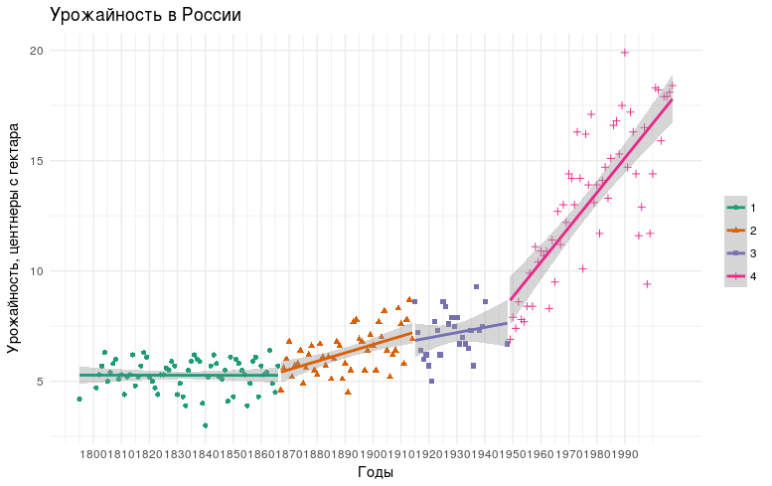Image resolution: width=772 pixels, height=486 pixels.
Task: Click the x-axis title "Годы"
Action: [x=376, y=472]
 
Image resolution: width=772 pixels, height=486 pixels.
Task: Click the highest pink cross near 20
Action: [x=625, y=53]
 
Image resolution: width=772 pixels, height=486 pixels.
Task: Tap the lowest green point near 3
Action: [x=205, y=425]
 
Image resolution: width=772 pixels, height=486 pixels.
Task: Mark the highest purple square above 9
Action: [x=476, y=286]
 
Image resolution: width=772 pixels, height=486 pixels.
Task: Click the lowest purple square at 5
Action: [x=431, y=381]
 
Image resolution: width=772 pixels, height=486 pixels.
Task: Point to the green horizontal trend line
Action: [x=179, y=377]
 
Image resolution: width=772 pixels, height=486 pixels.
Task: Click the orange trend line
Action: [x=348, y=351]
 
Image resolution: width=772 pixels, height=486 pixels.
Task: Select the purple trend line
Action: [x=462, y=331]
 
